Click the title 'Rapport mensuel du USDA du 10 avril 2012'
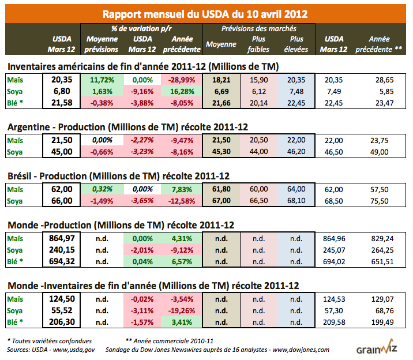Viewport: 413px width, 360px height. [205, 13]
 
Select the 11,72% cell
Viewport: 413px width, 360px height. [102, 80]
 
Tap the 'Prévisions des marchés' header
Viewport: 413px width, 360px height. [258, 28]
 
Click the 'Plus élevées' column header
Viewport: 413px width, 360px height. [297, 44]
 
